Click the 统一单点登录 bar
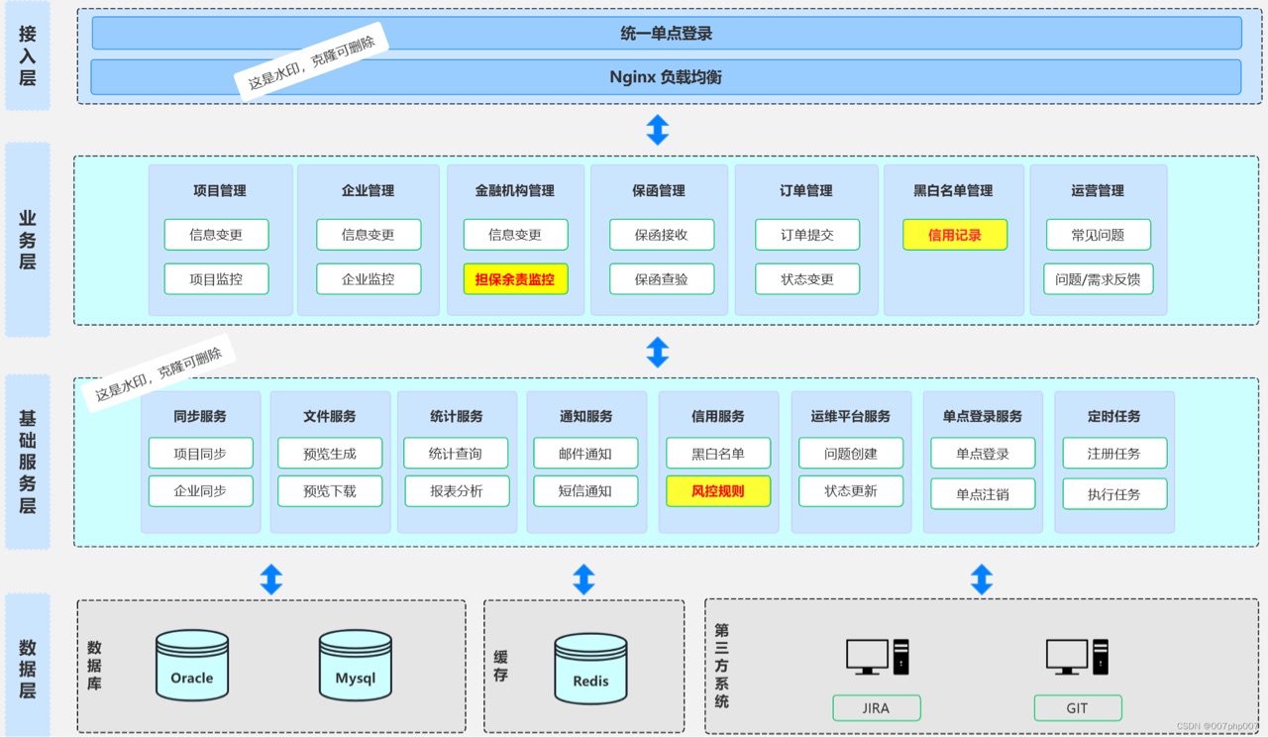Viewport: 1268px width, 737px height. (666, 33)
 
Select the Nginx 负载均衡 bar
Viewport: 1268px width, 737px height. (666, 77)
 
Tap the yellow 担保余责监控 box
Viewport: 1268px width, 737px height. (515, 279)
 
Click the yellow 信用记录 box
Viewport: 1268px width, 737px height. (955, 235)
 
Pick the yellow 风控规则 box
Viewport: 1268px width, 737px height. (718, 490)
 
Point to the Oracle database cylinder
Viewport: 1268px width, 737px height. (192, 666)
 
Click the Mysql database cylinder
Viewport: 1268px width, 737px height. (356, 666)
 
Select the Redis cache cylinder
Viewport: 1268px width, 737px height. (590, 669)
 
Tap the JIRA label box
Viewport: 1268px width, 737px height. (876, 708)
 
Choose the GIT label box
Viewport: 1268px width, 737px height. (1078, 708)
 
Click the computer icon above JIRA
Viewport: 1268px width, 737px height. (877, 656)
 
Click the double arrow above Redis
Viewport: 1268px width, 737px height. (583, 579)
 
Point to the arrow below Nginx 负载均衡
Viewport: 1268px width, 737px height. (658, 130)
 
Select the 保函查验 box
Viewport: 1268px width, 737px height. (662, 279)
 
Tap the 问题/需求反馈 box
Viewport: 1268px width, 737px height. (1098, 279)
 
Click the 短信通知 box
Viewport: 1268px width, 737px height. (584, 490)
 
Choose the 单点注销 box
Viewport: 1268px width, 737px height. (983, 493)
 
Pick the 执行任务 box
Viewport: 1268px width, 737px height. (1114, 493)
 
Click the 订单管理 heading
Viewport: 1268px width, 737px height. (806, 191)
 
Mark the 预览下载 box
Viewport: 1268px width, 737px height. (330, 490)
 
